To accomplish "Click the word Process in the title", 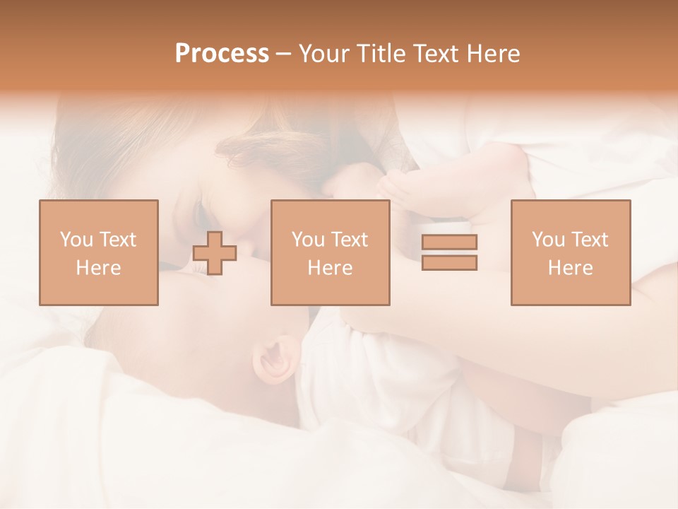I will pyautogui.click(x=222, y=54).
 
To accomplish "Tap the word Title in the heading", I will pyautogui.click(x=383, y=54).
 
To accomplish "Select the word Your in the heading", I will pyautogui.click(x=325, y=54).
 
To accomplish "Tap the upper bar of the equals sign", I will pyautogui.click(x=449, y=242).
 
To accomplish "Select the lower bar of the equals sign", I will pyautogui.click(x=449, y=262).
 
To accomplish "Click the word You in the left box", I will pyautogui.click(x=76, y=240).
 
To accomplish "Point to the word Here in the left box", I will pyautogui.click(x=98, y=268).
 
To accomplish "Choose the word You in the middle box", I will pyautogui.click(x=307, y=240).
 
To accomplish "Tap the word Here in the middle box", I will pyautogui.click(x=330, y=268).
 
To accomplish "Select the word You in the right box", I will pyautogui.click(x=547, y=240).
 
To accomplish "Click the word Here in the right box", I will pyautogui.click(x=570, y=268).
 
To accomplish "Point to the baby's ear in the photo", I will pyautogui.click(x=275, y=357).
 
